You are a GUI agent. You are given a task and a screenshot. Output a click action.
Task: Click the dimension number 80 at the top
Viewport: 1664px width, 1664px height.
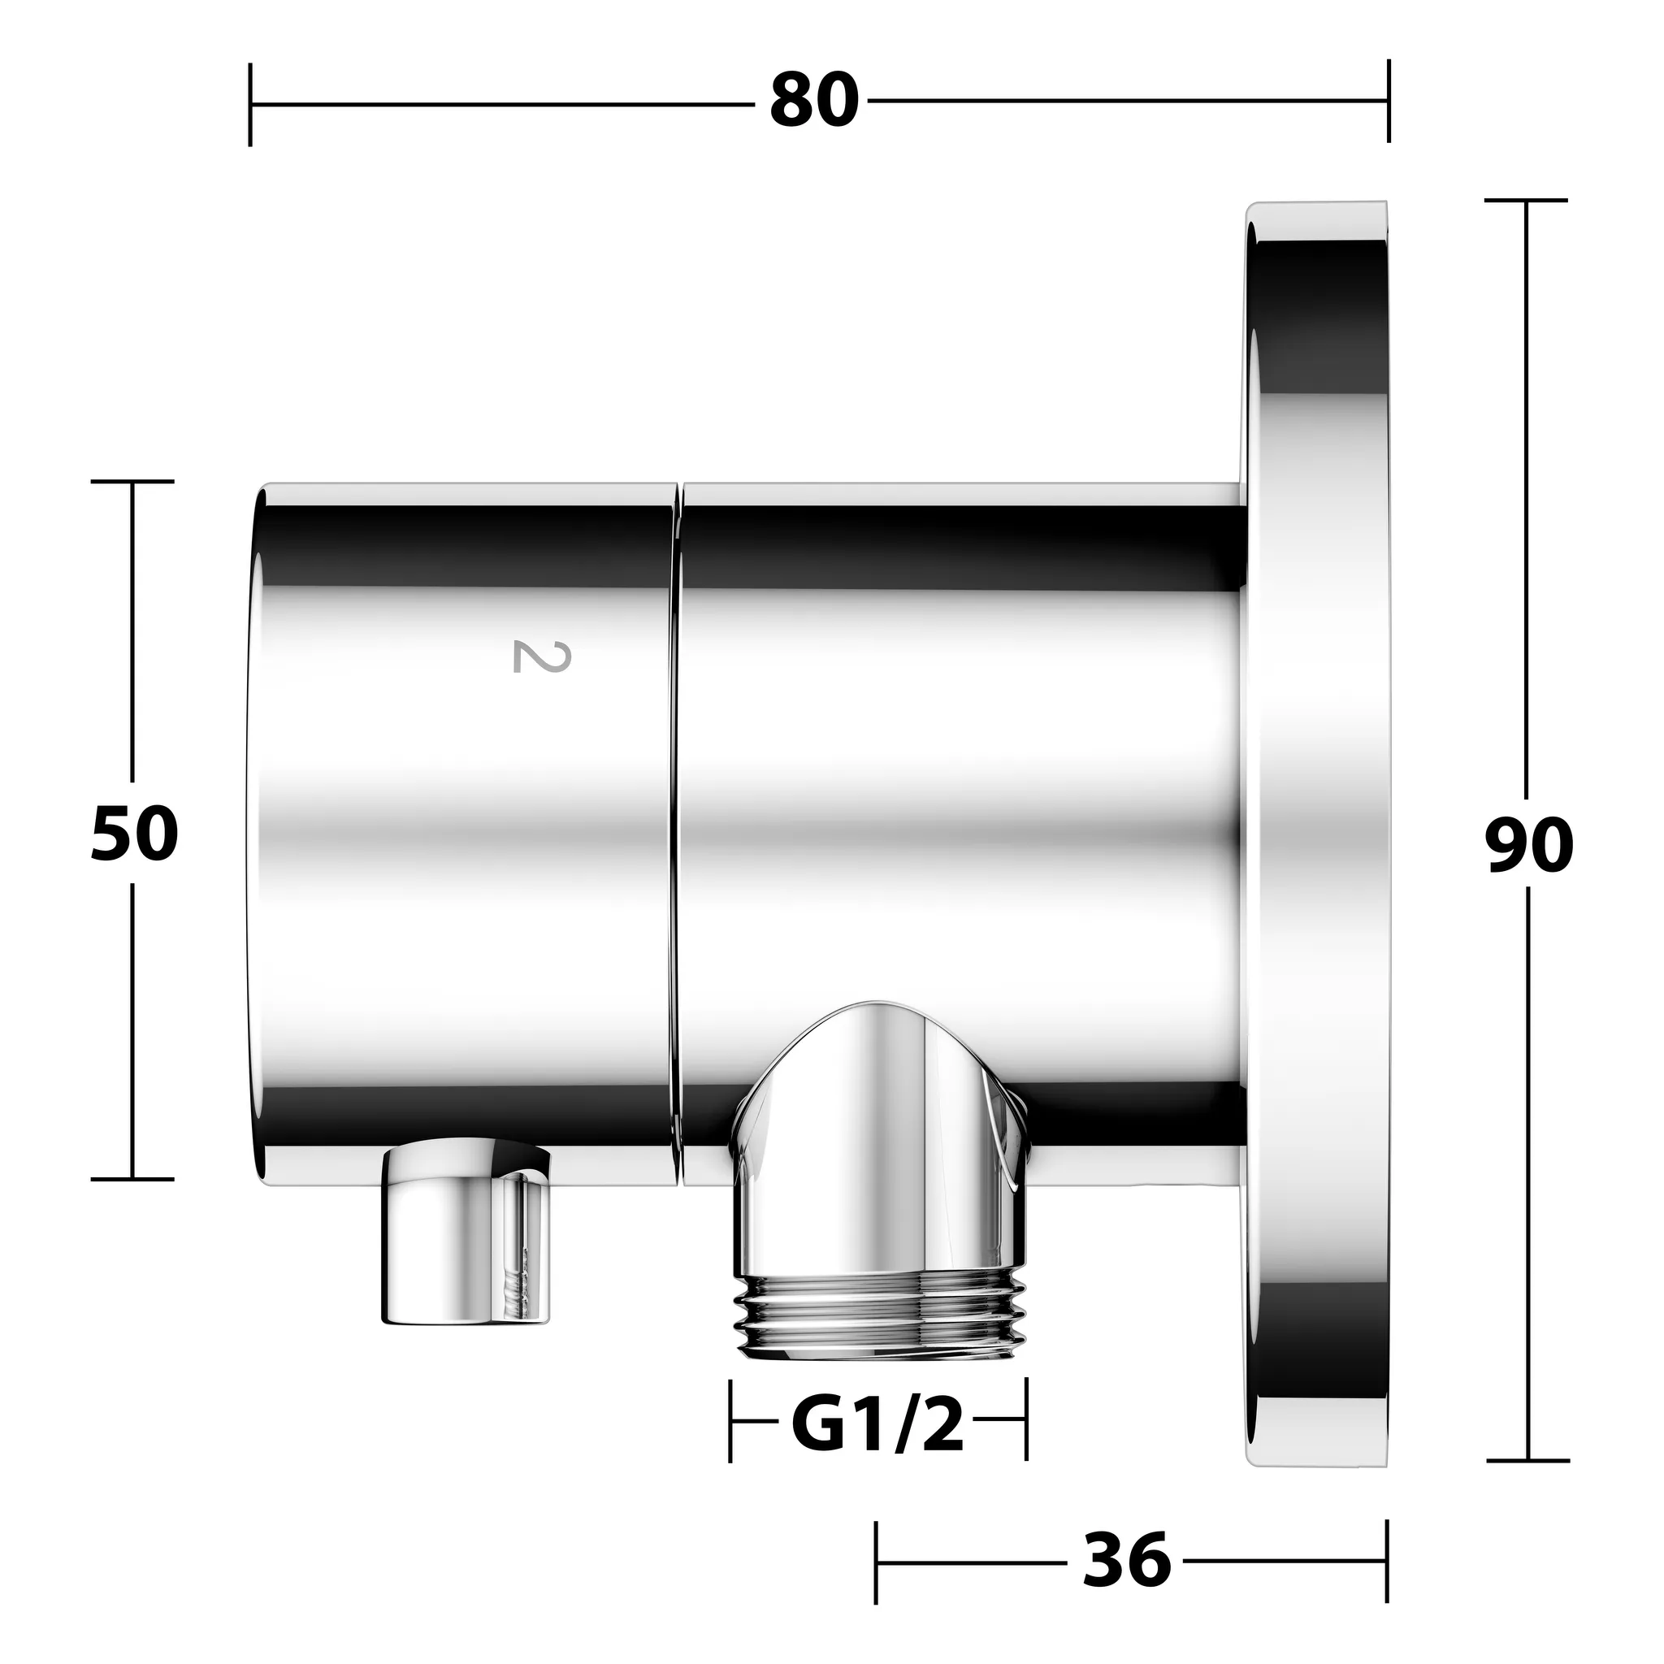point(813,102)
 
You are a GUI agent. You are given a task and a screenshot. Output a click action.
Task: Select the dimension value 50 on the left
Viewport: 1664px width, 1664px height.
point(134,834)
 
